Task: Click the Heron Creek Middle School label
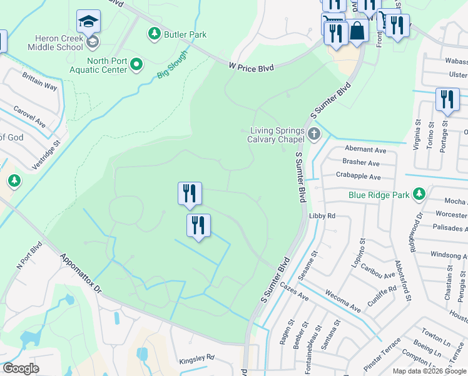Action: [55, 42]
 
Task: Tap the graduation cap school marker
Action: [88, 23]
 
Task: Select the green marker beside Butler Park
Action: [153, 33]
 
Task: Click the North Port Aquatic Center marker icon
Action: [136, 65]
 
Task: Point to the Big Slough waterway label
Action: [172, 65]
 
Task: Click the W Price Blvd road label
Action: [251, 66]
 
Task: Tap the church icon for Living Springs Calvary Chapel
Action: [314, 133]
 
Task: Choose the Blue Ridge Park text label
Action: [379, 195]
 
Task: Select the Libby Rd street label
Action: [323, 216]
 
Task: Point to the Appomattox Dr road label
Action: [80, 273]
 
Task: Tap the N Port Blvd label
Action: [29, 256]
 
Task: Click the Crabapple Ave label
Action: [358, 177]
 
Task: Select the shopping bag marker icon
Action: [358, 31]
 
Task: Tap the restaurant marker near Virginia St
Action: [447, 100]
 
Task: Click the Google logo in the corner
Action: [21, 368]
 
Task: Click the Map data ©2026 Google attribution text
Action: [430, 371]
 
